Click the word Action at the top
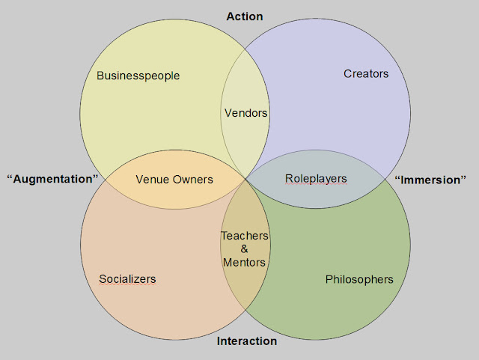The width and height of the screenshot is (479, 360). pos(245,16)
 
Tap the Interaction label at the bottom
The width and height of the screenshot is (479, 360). pos(246,341)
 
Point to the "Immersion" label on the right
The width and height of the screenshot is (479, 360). pos(430,180)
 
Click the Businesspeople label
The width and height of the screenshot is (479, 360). pos(138,76)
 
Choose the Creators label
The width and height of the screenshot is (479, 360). pos(366,73)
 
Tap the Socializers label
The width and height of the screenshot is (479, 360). pos(127,279)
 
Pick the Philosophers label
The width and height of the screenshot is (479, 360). pos(359,279)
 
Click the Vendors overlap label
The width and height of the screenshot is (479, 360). pos(245,113)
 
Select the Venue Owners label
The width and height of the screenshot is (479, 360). pos(174,180)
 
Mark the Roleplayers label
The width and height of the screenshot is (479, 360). pos(316,179)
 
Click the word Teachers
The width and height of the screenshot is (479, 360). pos(244,236)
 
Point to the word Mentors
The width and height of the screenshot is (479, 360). pos(244,263)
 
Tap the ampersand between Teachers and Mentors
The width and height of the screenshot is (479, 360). pos(244,249)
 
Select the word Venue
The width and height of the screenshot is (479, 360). pos(152,180)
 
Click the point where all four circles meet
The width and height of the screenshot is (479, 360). pos(245,179)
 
